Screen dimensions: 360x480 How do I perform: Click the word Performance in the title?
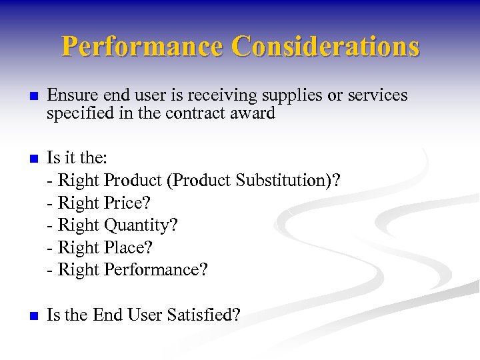tap(143, 46)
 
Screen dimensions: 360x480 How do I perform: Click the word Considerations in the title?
tap(325, 46)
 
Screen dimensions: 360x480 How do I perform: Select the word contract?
tap(208, 114)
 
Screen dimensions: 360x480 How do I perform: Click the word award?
tap(257, 114)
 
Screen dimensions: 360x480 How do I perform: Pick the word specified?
tap(75, 114)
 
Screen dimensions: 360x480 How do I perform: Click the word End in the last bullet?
tap(106, 315)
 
